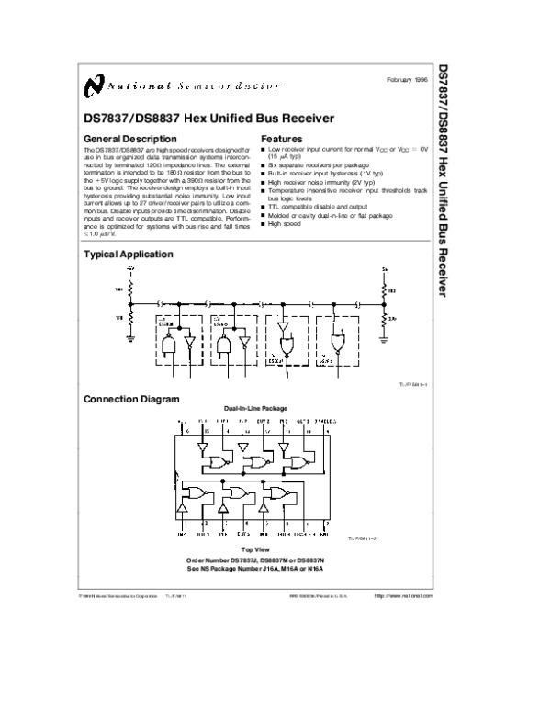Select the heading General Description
point(125,139)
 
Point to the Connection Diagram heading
point(132,399)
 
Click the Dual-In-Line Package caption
point(254,408)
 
